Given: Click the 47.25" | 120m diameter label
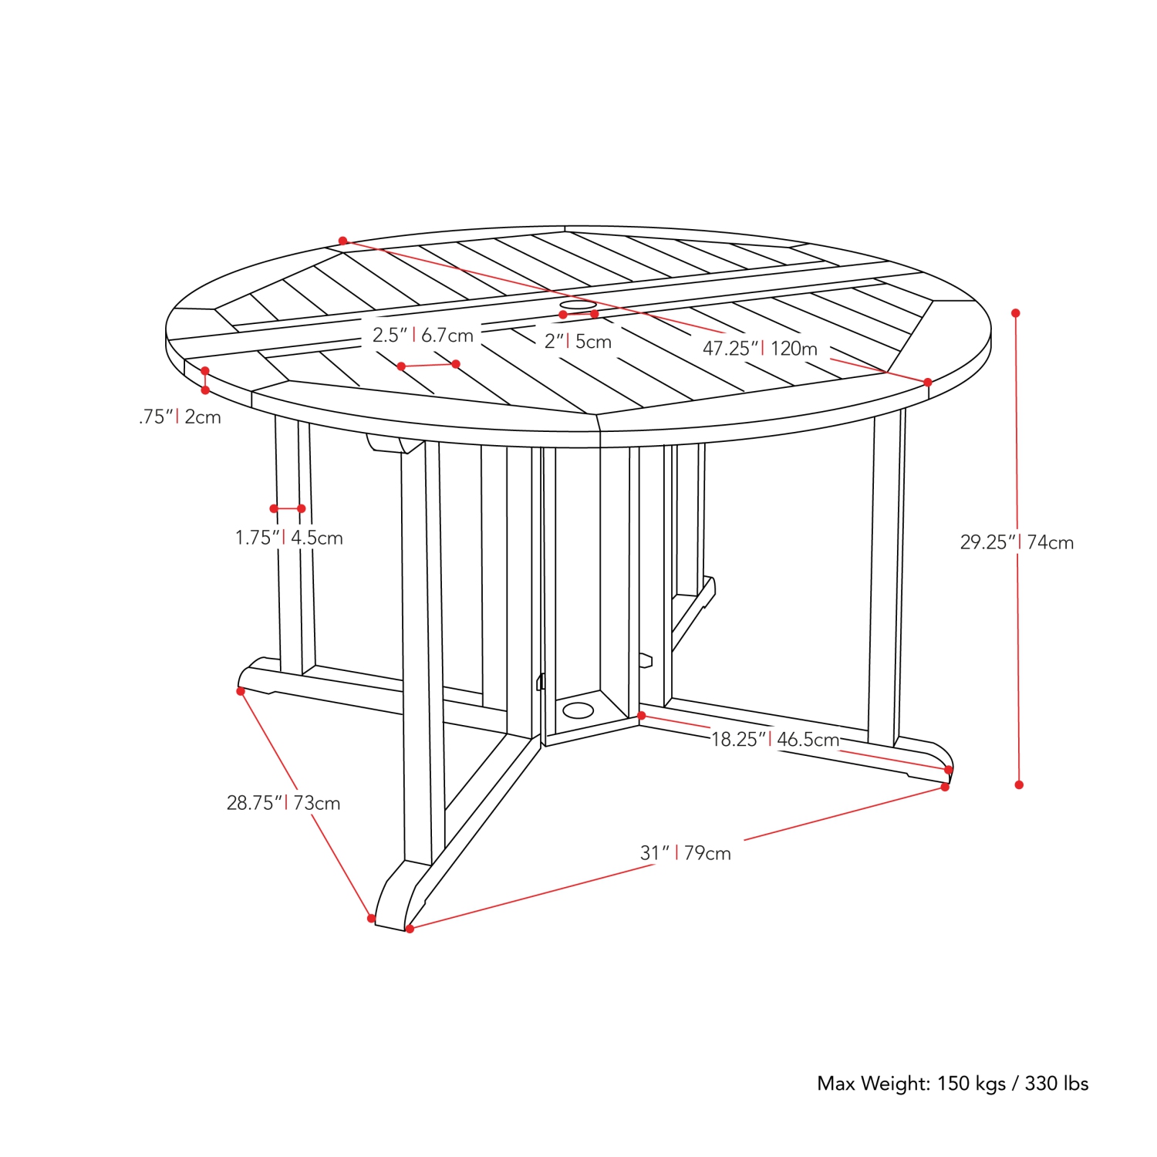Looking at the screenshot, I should pos(760,349).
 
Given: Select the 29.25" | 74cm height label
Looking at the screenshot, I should pos(1017,542).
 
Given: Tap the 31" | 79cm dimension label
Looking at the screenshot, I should pos(685,853).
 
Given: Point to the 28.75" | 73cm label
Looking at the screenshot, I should pos(283,803).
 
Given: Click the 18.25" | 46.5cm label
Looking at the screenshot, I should pos(774,740).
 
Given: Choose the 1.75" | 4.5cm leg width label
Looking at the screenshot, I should pos(288,538).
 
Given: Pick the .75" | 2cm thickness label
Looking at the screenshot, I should pos(180,417).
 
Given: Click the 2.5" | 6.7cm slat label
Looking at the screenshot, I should pos(423,336).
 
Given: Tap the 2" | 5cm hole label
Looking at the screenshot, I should pos(578,342).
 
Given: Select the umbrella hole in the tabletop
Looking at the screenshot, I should pos(578,306).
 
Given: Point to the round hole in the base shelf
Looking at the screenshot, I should pos(578,710).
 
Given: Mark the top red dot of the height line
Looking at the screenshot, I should pos(1016,313).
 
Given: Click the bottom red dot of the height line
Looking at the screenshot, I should pos(1019,784).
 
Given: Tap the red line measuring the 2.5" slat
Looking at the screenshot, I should pos(428,365).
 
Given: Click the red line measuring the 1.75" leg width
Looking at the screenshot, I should pos(287,508).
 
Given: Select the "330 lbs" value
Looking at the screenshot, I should pos(1056,1084).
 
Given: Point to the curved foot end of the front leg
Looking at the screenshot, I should pos(390,902).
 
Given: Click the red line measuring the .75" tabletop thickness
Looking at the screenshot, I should pos(205,380).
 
